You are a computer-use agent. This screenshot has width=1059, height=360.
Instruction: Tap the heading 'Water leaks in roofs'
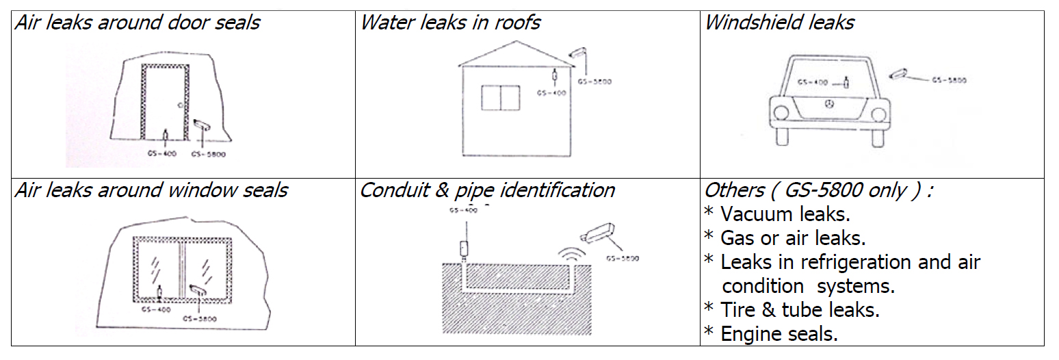click(450, 23)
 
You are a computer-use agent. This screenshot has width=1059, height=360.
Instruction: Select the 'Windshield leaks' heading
click(779, 23)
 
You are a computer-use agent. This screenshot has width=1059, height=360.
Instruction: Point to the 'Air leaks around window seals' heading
click(151, 190)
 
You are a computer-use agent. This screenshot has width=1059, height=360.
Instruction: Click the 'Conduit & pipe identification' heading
click(487, 190)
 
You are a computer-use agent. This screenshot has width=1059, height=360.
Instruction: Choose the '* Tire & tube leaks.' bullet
click(792, 309)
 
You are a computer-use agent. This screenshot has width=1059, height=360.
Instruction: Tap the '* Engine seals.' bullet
click(771, 333)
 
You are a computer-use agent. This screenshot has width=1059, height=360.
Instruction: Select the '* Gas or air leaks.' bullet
click(785, 238)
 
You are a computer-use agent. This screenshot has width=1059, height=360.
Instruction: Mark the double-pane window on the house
click(501, 97)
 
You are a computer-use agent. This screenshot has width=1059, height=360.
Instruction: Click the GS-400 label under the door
click(161, 153)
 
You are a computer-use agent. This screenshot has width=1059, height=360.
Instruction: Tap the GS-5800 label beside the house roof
click(594, 81)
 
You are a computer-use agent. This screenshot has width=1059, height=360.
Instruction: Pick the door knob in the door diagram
click(179, 105)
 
